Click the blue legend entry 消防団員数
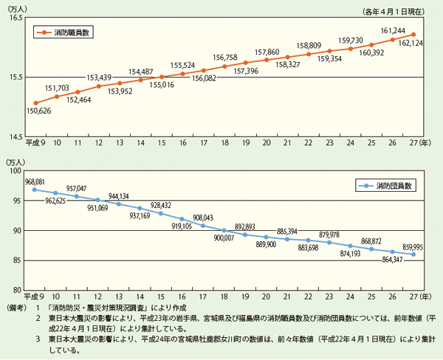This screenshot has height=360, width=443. point(388,185)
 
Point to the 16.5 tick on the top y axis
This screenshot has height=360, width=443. point(16,16)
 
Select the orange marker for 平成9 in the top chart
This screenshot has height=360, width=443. point(35,103)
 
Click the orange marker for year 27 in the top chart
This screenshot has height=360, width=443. point(413,34)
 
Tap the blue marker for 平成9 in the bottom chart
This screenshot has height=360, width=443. point(35,190)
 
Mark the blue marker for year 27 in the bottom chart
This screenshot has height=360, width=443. point(413,255)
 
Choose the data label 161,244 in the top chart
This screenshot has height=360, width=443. point(390,30)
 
